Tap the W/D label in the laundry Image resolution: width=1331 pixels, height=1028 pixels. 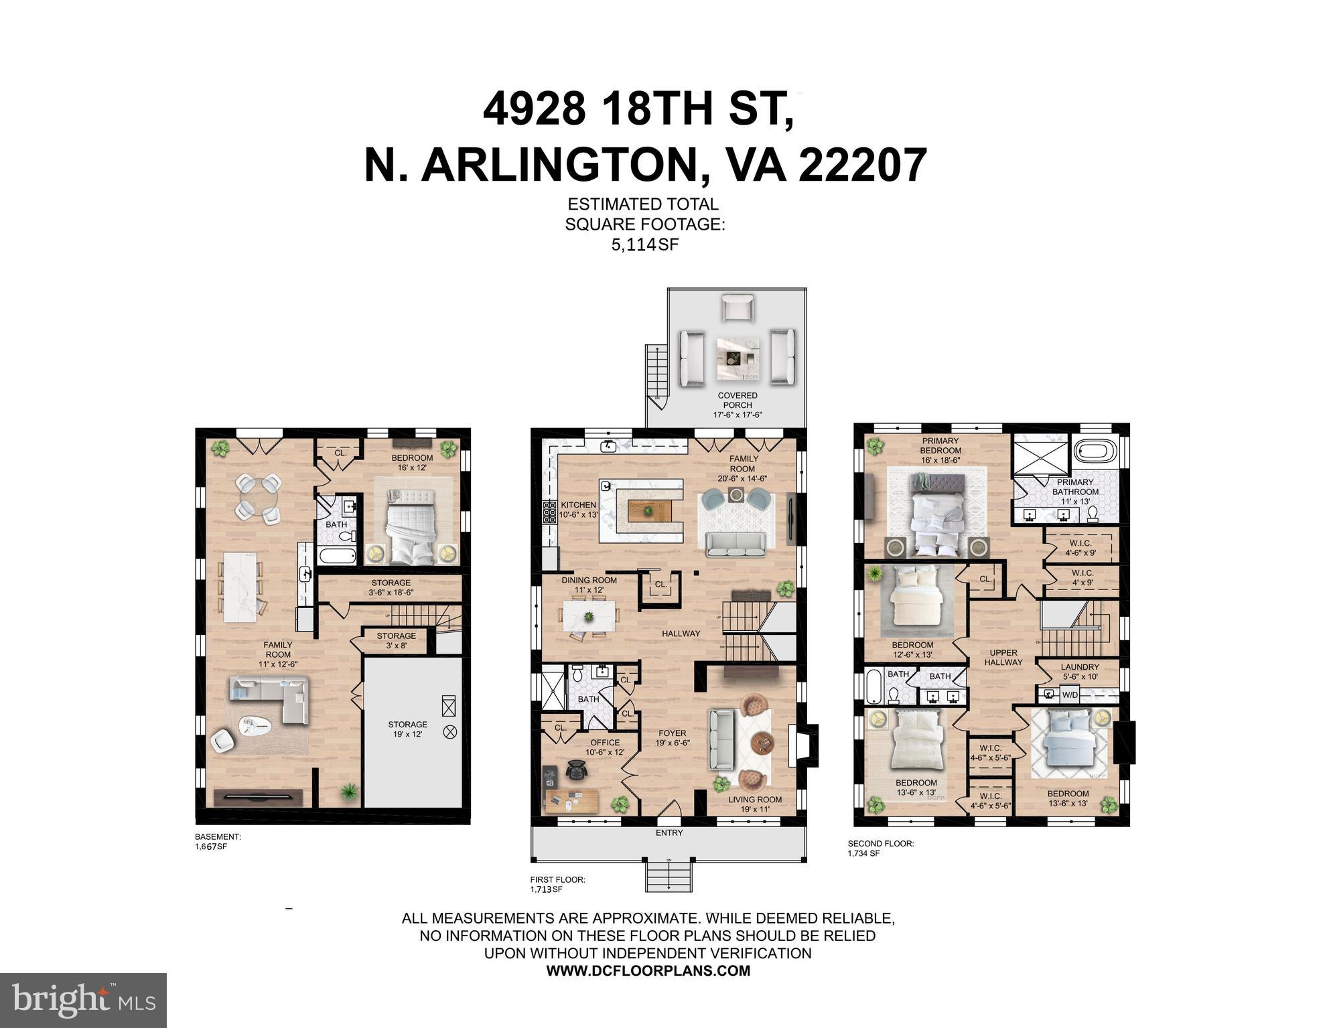click(1070, 694)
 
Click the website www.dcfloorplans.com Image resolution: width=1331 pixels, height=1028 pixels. click(648, 970)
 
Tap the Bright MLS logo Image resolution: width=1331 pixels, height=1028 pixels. click(83, 1001)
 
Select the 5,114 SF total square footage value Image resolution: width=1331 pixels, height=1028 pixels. click(644, 244)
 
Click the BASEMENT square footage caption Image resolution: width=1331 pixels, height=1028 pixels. click(217, 841)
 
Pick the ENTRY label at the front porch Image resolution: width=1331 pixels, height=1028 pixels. click(669, 832)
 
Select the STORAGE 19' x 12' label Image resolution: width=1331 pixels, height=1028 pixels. click(407, 729)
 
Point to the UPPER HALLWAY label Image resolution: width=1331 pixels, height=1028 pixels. click(1003, 657)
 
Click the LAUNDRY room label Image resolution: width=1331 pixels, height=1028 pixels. click(1080, 671)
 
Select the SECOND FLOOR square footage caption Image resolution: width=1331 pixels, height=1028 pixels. click(881, 848)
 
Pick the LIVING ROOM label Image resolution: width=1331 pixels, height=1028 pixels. click(755, 804)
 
